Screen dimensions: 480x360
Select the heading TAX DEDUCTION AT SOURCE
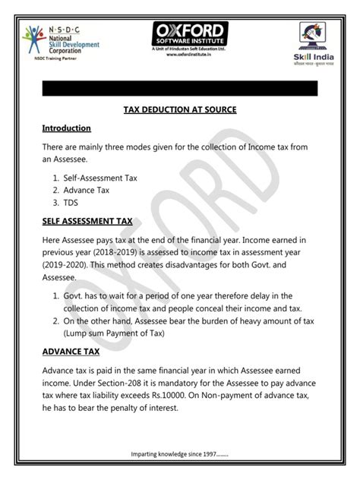180,110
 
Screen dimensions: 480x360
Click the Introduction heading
67,128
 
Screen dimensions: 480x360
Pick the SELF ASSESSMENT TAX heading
87,222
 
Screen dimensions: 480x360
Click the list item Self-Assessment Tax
99,176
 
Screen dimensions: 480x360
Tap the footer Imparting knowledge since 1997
179,455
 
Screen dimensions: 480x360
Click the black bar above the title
180,89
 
